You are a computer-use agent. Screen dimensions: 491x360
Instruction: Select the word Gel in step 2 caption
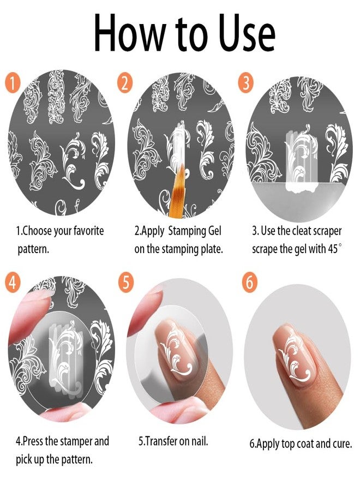point(212,231)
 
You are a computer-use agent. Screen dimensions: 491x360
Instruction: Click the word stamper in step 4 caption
point(73,441)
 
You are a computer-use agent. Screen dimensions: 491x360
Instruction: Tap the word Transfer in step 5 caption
point(164,441)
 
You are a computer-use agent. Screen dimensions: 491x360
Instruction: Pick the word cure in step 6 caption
point(340,444)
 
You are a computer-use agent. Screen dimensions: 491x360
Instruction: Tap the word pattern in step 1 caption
point(31,249)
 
